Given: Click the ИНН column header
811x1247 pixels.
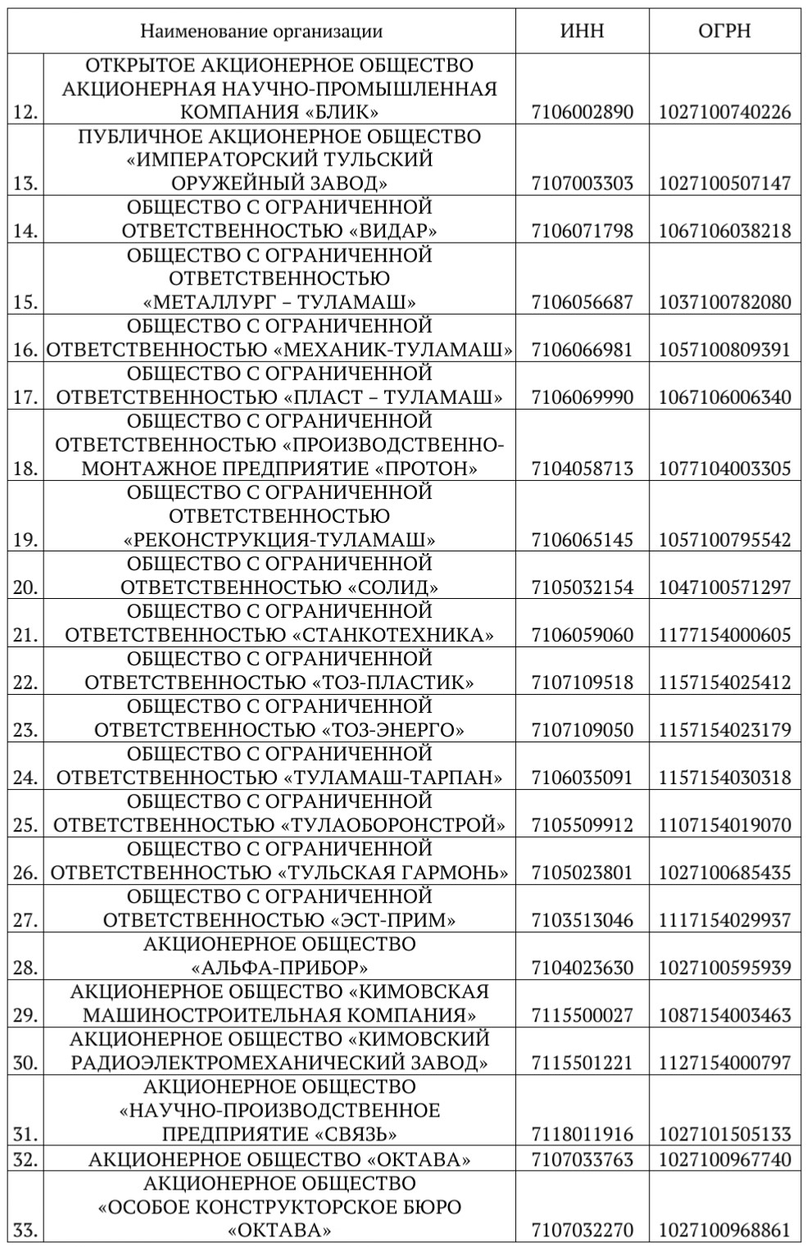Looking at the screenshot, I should [582, 31].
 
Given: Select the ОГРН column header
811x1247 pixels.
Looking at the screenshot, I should [724, 31].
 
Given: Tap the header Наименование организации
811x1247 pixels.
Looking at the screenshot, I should [261, 31].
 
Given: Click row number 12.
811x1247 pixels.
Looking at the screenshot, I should [26, 112].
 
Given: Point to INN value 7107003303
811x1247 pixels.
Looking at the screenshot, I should [582, 183].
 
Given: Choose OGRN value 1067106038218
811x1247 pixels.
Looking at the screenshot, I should [725, 230].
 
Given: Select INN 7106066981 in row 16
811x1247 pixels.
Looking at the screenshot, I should [582, 350].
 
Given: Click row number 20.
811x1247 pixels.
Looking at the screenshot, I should [26, 587].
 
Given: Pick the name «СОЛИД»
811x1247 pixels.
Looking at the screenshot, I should [393, 587].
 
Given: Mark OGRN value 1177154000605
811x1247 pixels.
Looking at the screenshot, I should [725, 635].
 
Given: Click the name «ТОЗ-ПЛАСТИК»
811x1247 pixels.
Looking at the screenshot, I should [393, 682].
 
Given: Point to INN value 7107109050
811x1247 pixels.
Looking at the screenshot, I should [582, 730].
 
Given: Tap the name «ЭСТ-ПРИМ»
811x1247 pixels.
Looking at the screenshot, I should [393, 920].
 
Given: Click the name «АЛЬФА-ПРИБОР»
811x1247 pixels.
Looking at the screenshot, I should [279, 968].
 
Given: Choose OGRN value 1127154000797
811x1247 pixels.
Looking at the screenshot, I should [725, 1063].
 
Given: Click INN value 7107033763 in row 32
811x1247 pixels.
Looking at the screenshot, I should [582, 1159].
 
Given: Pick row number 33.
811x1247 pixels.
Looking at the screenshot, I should [26, 1231].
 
